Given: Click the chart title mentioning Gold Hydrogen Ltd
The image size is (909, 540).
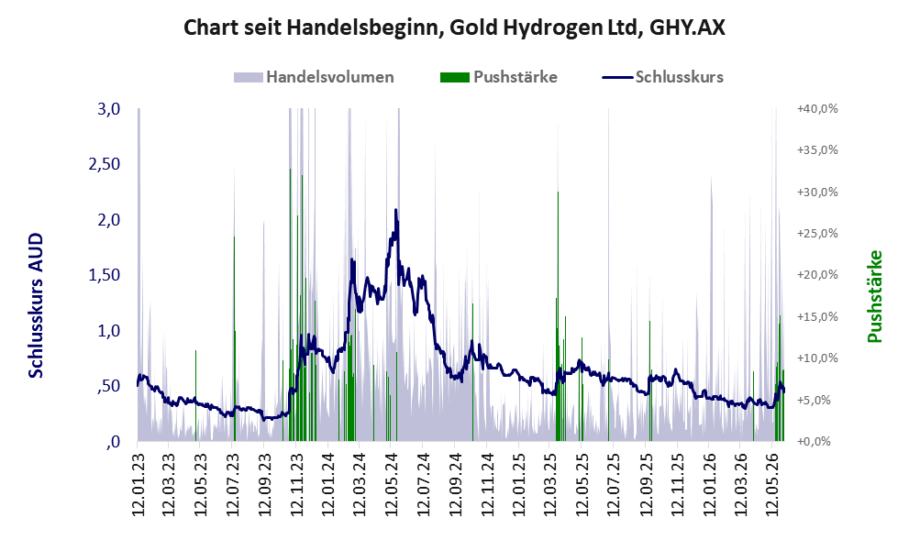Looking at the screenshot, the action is [455, 28].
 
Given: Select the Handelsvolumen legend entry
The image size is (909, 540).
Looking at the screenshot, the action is [314, 77].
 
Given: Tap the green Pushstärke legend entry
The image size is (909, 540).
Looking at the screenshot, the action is [499, 77].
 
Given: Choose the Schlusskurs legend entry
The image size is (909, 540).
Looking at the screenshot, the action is [662, 77].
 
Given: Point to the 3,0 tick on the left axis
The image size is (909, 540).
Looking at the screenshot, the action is [108, 109].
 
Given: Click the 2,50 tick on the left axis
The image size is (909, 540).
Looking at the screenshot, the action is [104, 164].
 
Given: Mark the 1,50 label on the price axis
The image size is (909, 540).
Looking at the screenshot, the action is [104, 275].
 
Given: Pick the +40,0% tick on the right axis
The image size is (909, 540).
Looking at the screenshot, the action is [817, 109].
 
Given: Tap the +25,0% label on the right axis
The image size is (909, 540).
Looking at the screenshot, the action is [817, 234].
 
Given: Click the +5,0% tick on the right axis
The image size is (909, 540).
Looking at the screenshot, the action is [820, 401].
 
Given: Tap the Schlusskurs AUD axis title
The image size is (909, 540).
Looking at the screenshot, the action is [36, 305].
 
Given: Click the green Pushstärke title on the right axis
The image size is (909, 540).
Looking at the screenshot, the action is [874, 296].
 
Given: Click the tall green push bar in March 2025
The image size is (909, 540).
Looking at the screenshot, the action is [558, 315].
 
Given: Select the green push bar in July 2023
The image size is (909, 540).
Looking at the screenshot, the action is [234, 338].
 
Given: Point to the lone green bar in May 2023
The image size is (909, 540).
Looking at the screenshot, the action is [196, 395].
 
